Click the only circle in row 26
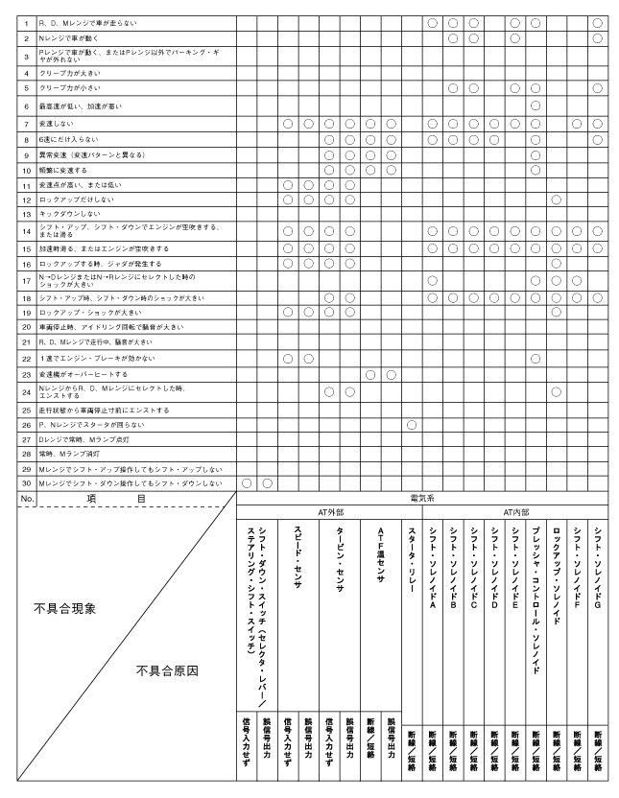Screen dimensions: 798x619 point(411,424)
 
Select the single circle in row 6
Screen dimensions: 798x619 point(535,105)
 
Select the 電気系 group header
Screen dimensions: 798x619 point(422,499)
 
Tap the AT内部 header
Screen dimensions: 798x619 point(514,512)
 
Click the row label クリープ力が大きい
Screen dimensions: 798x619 point(68,73)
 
